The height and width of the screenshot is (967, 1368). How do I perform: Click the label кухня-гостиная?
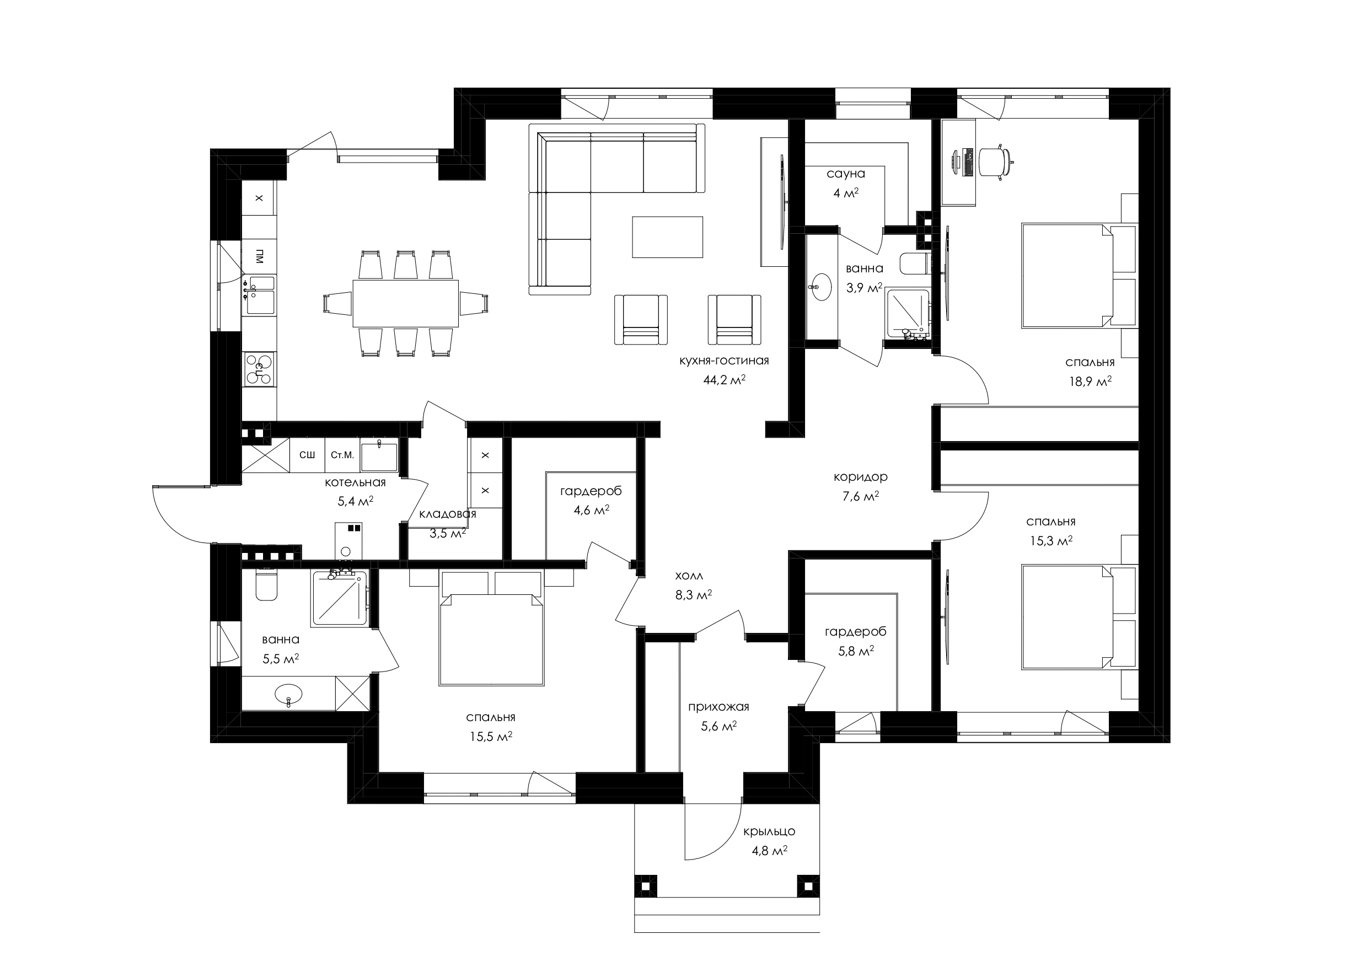pyautogui.click(x=724, y=361)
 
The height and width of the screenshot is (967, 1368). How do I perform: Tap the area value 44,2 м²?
pyautogui.click(x=725, y=379)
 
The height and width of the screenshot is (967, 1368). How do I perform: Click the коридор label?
pyautogui.click(x=860, y=477)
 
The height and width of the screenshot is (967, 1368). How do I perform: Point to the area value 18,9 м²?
pyautogui.click(x=1090, y=382)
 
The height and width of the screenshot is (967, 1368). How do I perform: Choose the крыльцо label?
pyautogui.click(x=769, y=831)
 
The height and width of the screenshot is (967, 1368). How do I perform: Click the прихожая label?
pyautogui.click(x=718, y=707)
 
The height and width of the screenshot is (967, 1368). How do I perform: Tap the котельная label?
pyautogui.click(x=355, y=482)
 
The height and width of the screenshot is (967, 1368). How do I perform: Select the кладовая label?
pyautogui.click(x=448, y=514)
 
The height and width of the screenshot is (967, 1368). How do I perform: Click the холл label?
pyautogui.click(x=689, y=576)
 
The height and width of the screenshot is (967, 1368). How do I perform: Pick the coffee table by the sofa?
pyautogui.click(x=667, y=237)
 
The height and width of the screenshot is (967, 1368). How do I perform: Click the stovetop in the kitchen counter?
pyautogui.click(x=260, y=369)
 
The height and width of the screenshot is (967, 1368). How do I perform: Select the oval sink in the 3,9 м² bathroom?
pyautogui.click(x=821, y=287)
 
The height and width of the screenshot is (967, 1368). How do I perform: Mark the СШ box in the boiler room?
pyautogui.click(x=307, y=455)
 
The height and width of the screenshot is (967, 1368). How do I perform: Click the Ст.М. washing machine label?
pyautogui.click(x=342, y=455)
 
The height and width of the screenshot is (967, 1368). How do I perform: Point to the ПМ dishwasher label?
pyautogui.click(x=259, y=257)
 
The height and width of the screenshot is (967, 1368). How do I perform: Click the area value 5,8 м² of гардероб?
pyautogui.click(x=856, y=651)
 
